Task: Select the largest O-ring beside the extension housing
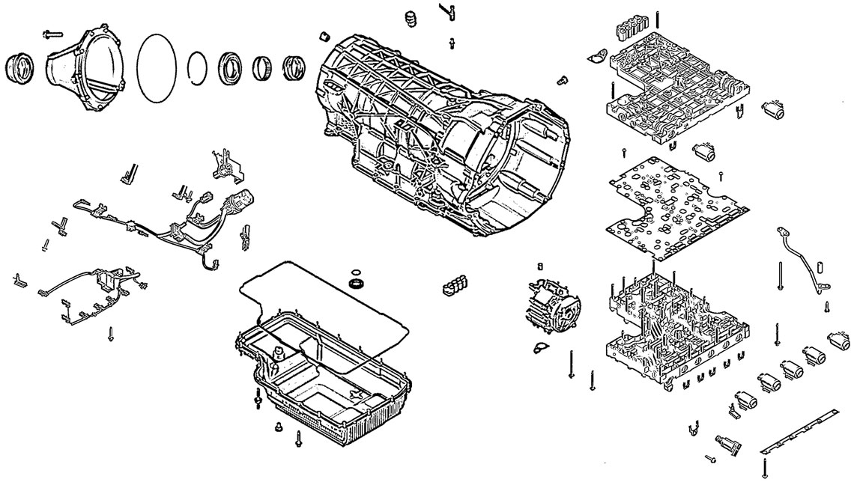click(x=157, y=67)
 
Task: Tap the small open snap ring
click(x=197, y=67)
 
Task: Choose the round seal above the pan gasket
click(x=357, y=284)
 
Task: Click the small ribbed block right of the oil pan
click(x=456, y=284)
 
